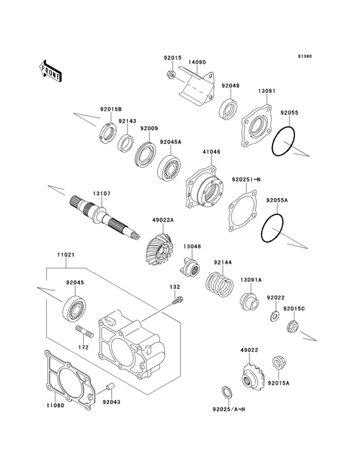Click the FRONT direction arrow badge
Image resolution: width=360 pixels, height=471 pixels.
pos(51,70)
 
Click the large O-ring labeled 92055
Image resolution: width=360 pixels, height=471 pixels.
pos(283,141)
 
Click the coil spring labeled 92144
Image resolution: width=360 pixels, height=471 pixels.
pos(218,283)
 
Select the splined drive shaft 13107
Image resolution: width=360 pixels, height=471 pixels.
pos(106,216)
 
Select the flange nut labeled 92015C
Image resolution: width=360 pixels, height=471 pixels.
pos(292,326)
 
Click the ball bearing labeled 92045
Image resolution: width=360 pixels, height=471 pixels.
pos(75,308)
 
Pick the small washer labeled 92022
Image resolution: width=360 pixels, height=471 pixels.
pos(274,316)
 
